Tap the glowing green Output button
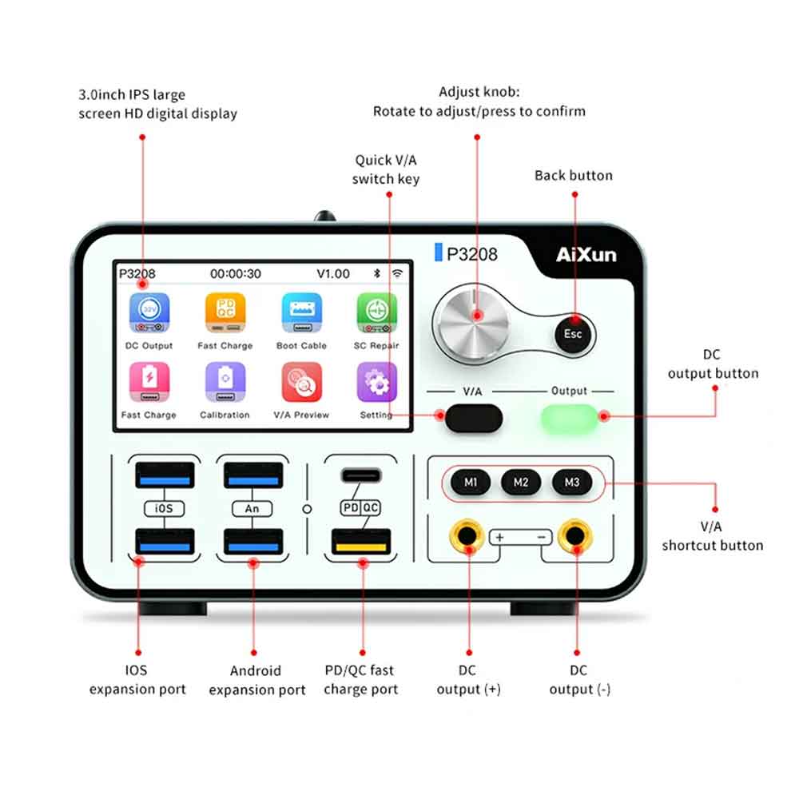pos(569,416)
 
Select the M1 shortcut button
pos(471,482)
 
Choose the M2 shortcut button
pos(521,482)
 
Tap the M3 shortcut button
pos(572,482)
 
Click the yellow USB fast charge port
pos(361,543)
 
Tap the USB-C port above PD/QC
pos(361,475)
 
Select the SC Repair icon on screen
pos(376,313)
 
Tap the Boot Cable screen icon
pos(301,313)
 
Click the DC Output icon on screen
pos(149,313)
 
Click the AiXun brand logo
pos(586,256)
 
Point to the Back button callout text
pos(573,176)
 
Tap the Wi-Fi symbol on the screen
pos(397,274)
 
